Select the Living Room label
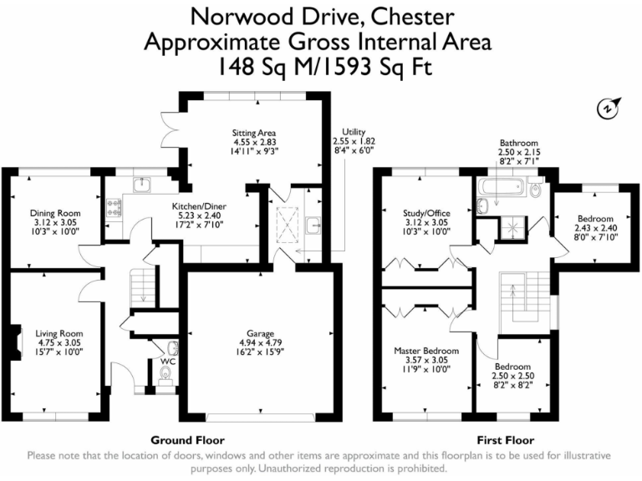[59, 333]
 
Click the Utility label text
[349, 132]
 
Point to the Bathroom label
[518, 143]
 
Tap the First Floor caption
[505, 439]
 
